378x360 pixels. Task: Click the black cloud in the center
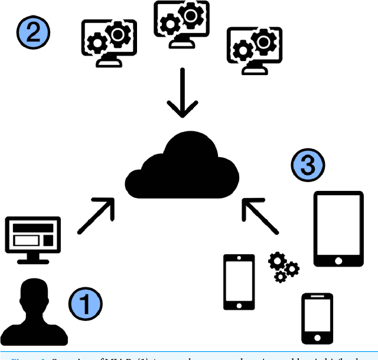click(184, 163)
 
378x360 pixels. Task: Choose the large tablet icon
click(338, 229)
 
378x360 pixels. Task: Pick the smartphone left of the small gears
click(239, 282)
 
